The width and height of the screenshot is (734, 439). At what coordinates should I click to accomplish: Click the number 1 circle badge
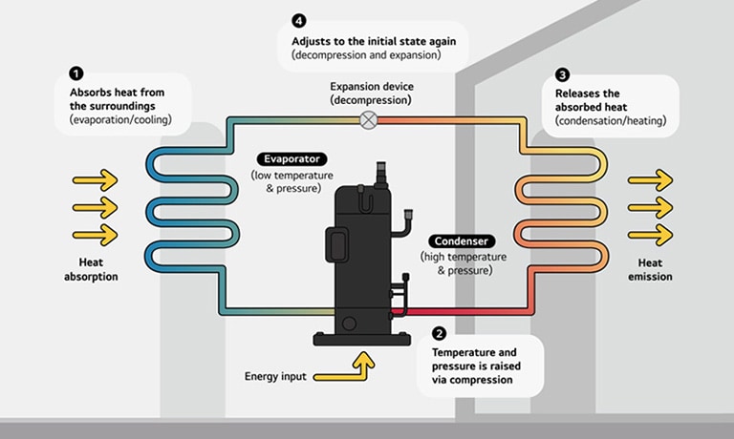pyautogui.click(x=76, y=73)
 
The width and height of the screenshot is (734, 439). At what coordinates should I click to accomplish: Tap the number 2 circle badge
pyautogui.click(x=439, y=334)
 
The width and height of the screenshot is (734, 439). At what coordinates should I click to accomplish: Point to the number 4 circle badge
pyautogui.click(x=299, y=21)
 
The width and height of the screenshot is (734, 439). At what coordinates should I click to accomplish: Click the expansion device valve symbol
pyautogui.click(x=368, y=119)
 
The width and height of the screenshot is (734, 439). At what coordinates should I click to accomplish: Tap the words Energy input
pyautogui.click(x=275, y=377)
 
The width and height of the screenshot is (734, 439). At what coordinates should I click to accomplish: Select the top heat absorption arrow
pyautogui.click(x=95, y=179)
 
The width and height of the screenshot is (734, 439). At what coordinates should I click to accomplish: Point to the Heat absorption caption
pyautogui.click(x=94, y=269)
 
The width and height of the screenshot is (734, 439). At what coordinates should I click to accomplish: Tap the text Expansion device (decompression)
pyautogui.click(x=368, y=93)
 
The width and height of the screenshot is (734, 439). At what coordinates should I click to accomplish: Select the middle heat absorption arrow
pyautogui.click(x=95, y=207)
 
